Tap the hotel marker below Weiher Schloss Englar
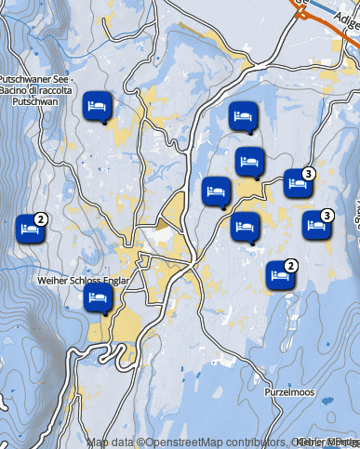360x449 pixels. tap(97, 298)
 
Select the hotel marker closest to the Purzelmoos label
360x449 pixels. tap(278, 275)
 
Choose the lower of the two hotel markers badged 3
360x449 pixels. tap(315, 225)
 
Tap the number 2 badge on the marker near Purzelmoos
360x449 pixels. tap(290, 266)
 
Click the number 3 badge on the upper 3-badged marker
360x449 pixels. tap(309, 173)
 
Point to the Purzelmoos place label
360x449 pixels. tap(288, 392)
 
